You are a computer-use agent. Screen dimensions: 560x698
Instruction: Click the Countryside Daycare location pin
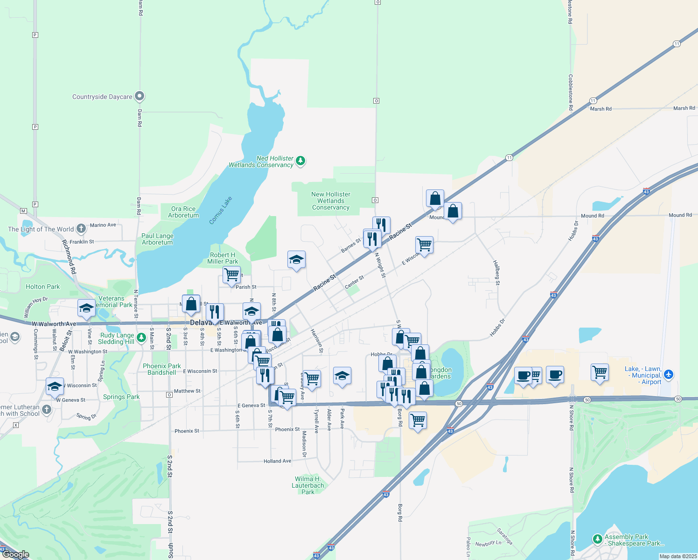pos(140,96)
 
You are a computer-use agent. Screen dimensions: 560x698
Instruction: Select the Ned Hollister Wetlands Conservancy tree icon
pos(301,161)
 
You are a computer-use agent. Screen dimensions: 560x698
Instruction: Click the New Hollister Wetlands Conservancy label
pos(331,201)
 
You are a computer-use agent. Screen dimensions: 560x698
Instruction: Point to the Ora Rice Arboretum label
pos(183,212)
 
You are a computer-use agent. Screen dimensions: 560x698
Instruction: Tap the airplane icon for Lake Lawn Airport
pos(669,374)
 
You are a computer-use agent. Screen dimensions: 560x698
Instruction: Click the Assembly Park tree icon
pos(597,539)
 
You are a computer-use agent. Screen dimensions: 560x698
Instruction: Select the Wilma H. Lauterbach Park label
pos(308,485)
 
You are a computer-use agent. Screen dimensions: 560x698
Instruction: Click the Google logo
pos(16,554)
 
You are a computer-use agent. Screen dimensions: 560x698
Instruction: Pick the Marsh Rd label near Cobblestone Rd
pos(600,109)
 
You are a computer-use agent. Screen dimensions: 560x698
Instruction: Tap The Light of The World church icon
pos(81,228)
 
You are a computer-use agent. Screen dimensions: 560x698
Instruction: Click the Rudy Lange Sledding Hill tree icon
pos(141,336)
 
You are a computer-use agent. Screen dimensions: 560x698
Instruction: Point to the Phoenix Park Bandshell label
pos(162,369)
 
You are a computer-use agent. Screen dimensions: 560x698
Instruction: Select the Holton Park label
pos(43,287)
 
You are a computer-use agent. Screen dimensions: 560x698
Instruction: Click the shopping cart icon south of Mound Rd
pos(424,244)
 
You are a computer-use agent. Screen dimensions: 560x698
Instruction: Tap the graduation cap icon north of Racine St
pos(296,259)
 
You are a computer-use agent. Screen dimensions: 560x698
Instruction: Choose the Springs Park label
pos(121,397)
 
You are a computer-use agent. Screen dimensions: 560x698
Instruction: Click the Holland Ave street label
pos(277,461)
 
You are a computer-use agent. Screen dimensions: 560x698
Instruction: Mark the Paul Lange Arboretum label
pos(157,239)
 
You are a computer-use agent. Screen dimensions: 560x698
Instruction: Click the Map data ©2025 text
pos(678,556)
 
